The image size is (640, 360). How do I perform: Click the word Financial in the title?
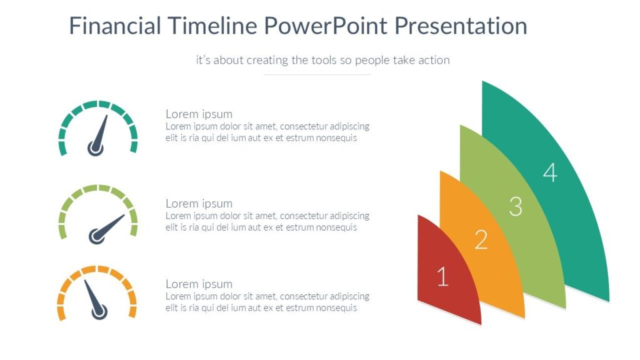pyautogui.click(x=115, y=26)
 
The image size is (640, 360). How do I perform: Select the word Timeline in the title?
pyautogui.click(x=212, y=26)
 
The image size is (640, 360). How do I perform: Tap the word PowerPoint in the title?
pyautogui.click(x=326, y=26)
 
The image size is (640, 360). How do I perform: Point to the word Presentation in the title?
pyautogui.click(x=461, y=26)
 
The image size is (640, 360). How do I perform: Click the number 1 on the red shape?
pyautogui.click(x=442, y=276)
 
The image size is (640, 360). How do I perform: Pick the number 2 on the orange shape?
pyautogui.click(x=481, y=239)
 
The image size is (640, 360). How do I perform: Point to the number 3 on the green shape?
pyautogui.click(x=516, y=206)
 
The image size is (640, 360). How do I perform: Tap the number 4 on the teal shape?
pyautogui.click(x=550, y=172)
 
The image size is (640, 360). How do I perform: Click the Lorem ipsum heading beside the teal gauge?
pyautogui.click(x=199, y=114)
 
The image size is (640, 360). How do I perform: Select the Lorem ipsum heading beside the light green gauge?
pyautogui.click(x=199, y=204)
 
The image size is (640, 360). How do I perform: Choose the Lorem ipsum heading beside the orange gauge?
pyautogui.click(x=199, y=284)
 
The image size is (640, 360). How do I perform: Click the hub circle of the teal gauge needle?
pyautogui.click(x=96, y=149)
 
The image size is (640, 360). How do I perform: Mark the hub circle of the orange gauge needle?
pyautogui.click(x=99, y=312)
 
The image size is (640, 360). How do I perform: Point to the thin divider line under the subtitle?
pyautogui.click(x=317, y=75)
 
